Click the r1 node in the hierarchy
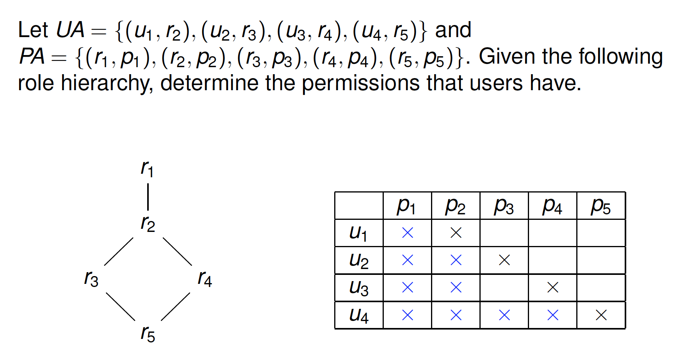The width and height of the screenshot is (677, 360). click(x=147, y=169)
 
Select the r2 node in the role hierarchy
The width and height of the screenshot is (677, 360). click(x=148, y=224)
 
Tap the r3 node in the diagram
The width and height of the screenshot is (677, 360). click(x=91, y=279)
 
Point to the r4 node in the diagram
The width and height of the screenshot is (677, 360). click(x=205, y=279)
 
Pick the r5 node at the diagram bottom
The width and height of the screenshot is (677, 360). click(x=148, y=334)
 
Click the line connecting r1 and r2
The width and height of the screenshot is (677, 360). click(x=148, y=196)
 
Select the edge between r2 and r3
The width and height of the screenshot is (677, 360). click(x=119, y=251)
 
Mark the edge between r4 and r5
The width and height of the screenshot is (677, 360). click(x=176, y=307)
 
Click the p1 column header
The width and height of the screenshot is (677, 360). click(x=407, y=206)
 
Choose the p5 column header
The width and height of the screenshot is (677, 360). click(x=601, y=206)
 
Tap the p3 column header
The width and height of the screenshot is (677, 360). click(x=504, y=206)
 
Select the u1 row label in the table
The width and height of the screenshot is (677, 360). click(x=358, y=233)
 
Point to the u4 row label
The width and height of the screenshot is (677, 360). click(x=358, y=315)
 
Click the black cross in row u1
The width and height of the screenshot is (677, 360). click(x=456, y=233)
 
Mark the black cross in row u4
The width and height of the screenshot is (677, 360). click(x=601, y=315)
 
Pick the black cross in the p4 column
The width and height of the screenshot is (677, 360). click(x=553, y=288)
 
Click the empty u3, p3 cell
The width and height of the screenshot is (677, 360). click(x=504, y=288)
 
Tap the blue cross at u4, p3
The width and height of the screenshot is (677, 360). click(x=504, y=315)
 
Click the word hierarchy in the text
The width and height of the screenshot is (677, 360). click(x=106, y=84)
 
